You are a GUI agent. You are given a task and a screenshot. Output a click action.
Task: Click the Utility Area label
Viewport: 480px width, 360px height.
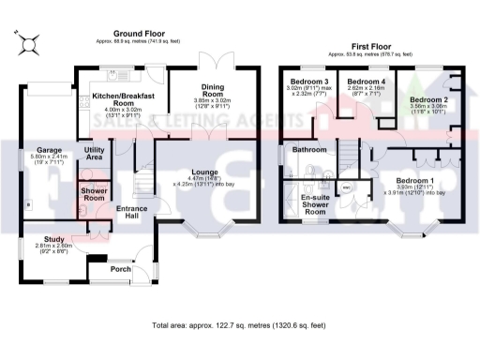(94, 154)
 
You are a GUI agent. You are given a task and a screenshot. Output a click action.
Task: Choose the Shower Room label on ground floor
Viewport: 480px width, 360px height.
(94, 193)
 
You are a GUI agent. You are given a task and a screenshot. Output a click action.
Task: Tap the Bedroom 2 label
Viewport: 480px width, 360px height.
(427, 98)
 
